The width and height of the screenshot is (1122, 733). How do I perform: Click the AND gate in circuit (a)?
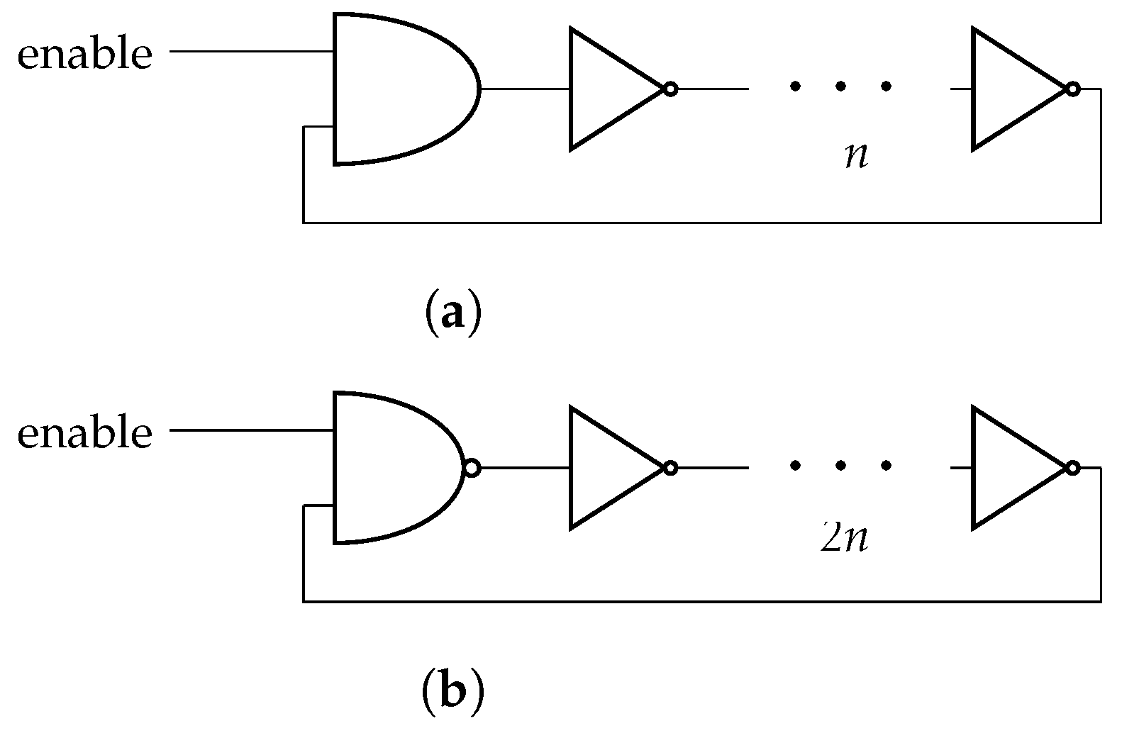pyautogui.click(x=397, y=89)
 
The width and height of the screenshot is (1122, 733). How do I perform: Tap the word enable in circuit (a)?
pyautogui.click(x=84, y=54)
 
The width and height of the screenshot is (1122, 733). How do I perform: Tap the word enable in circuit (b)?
pyautogui.click(x=84, y=432)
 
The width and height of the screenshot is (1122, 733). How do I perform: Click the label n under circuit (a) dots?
pyautogui.click(x=857, y=156)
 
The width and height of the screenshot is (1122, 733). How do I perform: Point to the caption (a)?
pyautogui.click(x=453, y=312)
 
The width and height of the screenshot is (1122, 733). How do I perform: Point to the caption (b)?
pyautogui.click(x=453, y=691)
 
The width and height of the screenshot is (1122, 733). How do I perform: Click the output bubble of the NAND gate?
pyautogui.click(x=472, y=468)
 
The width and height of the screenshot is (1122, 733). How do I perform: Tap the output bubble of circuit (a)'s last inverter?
pyautogui.click(x=1073, y=89)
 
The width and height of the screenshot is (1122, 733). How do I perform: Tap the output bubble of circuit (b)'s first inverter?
pyautogui.click(x=670, y=468)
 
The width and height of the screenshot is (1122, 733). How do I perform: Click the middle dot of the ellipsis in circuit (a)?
pyautogui.click(x=840, y=86)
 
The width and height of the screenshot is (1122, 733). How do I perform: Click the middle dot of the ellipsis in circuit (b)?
pyautogui.click(x=840, y=466)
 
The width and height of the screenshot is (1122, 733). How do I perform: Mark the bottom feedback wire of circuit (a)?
pyautogui.click(x=702, y=223)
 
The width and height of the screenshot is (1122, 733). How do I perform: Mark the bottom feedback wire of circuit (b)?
pyautogui.click(x=702, y=602)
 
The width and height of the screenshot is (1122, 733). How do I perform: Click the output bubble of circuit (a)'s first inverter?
pyautogui.click(x=670, y=89)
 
